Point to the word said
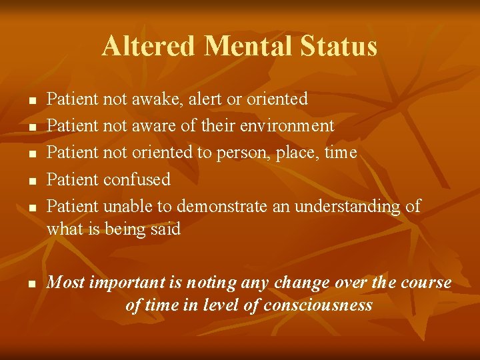166,229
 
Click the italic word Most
65,283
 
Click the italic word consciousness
318,305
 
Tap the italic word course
426,283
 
